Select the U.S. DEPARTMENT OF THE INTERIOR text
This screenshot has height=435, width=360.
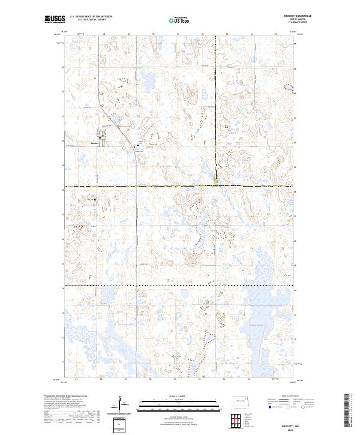pos(91,16)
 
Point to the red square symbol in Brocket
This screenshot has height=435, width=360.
pos(100,137)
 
